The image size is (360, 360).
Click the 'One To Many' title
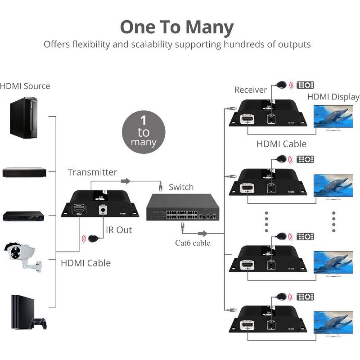(x=177, y=27)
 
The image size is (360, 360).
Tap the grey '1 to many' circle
(x=144, y=132)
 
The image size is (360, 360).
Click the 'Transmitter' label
(x=92, y=172)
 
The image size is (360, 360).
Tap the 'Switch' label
(x=181, y=187)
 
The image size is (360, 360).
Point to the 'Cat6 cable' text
(x=193, y=243)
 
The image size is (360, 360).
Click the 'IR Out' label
(x=119, y=230)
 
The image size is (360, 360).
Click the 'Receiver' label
(x=251, y=90)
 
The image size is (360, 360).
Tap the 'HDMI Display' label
(x=333, y=97)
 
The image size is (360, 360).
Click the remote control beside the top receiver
(x=306, y=85)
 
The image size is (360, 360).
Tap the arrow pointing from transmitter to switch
(x=126, y=181)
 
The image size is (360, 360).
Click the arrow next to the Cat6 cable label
(x=202, y=233)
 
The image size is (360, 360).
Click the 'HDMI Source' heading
(x=25, y=86)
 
